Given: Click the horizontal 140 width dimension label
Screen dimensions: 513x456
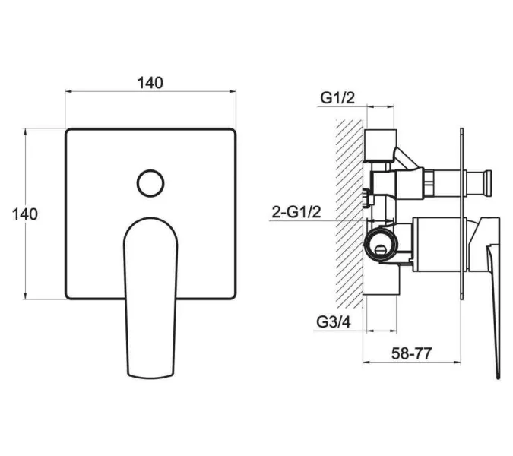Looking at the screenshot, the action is point(150,83).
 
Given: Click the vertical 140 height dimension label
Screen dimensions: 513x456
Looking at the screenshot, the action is point(25,214).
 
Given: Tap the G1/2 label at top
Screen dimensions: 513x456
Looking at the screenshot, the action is point(337,98).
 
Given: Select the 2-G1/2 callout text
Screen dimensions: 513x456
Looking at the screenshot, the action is point(296,212).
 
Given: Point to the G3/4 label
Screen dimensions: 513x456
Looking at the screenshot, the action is point(334,322).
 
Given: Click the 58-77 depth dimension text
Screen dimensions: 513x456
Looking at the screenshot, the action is point(412,353).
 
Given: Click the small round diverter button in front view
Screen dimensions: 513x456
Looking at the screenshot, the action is point(150,183).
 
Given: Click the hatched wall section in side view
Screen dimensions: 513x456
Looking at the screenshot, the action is point(350,214).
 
